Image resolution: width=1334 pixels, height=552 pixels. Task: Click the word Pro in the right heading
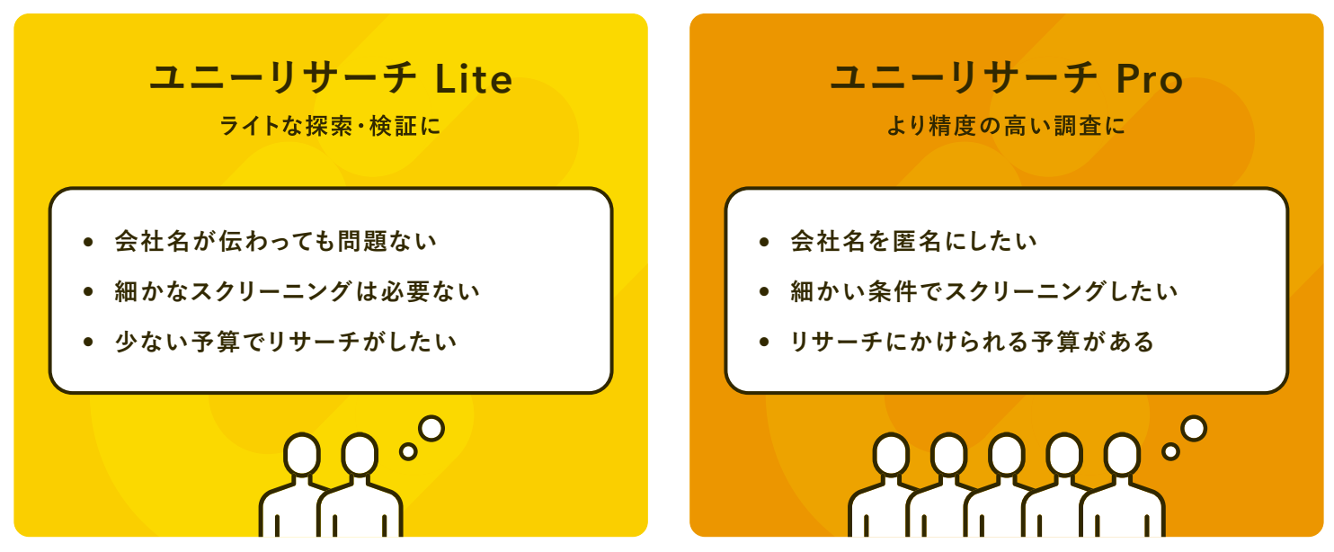[1149, 79]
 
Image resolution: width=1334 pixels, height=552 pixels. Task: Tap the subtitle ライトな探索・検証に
[331, 126]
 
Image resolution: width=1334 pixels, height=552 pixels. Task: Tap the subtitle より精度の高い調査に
[1006, 126]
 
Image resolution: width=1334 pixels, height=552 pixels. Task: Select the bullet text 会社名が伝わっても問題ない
[275, 241]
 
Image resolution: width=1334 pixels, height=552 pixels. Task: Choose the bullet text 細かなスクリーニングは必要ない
[297, 291]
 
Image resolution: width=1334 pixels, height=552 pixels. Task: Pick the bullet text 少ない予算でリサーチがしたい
[286, 342]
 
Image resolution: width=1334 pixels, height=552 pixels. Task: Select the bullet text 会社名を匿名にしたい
[913, 241]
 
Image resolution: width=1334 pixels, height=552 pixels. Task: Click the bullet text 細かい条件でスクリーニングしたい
[983, 291]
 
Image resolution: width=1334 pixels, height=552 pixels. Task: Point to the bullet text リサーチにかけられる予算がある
[972, 342]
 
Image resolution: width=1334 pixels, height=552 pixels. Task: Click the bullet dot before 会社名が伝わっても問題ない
[87, 242]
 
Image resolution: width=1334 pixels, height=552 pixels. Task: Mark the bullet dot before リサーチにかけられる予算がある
[763, 343]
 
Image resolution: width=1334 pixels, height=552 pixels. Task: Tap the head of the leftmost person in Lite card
[302, 455]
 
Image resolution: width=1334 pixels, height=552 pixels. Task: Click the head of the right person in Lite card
[360, 455]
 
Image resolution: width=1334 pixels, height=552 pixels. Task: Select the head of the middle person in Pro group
[1007, 455]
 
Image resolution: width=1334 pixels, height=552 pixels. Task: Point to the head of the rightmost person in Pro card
[1122, 455]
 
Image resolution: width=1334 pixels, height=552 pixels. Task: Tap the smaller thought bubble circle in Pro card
[1170, 451]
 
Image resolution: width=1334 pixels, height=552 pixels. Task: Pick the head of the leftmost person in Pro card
[892, 455]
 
